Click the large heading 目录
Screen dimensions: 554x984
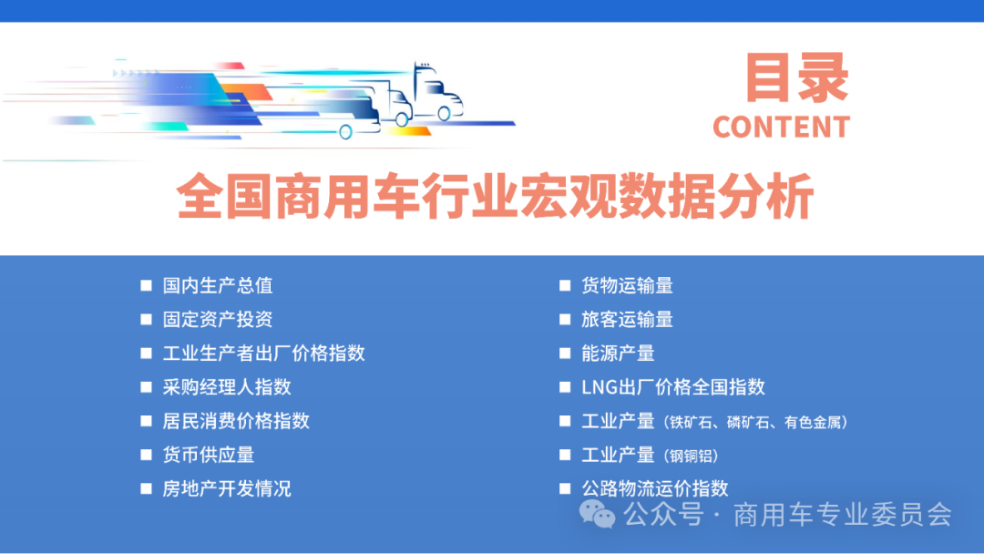click(x=797, y=78)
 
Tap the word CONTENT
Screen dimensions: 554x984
click(x=781, y=128)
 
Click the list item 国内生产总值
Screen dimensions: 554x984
click(x=218, y=285)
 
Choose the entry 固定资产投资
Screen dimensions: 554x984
click(x=218, y=319)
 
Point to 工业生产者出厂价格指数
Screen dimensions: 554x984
click(x=263, y=353)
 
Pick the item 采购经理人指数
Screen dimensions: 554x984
click(x=227, y=386)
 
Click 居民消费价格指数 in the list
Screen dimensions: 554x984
click(x=236, y=420)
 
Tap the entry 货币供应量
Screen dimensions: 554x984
click(x=209, y=454)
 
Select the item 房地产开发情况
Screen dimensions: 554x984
click(x=227, y=488)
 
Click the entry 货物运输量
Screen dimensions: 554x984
click(x=627, y=285)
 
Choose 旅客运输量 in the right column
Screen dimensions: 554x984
click(x=627, y=319)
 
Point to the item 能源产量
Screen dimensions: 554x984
click(x=618, y=353)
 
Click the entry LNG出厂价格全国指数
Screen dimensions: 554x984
click(x=672, y=386)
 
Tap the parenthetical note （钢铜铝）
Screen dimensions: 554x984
click(x=692, y=456)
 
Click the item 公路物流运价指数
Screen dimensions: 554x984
click(x=654, y=488)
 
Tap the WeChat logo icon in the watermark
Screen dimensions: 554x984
click(x=599, y=515)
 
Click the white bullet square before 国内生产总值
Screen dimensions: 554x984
click(x=146, y=285)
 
